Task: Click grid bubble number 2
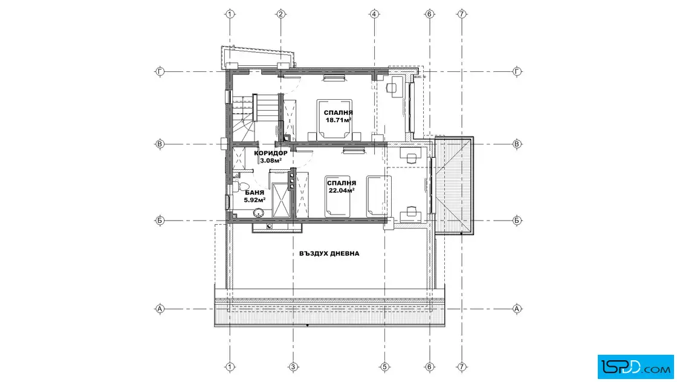[280, 15]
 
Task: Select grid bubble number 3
[293, 367]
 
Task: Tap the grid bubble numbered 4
[374, 15]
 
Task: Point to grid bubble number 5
[384, 367]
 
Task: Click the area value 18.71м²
[338, 120]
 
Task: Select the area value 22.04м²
[342, 190]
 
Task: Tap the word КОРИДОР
[271, 154]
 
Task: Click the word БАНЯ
[254, 193]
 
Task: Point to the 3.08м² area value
[271, 161]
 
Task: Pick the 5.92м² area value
[254, 200]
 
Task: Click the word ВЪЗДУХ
[314, 253]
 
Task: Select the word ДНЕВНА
[346, 253]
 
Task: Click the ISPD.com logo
[635, 367]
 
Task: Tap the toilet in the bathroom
[236, 185]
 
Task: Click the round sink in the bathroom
[259, 212]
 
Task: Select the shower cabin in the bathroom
[282, 200]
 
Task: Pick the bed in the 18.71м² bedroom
[334, 119]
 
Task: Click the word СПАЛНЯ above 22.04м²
[342, 183]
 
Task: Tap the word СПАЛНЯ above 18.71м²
[338, 112]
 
